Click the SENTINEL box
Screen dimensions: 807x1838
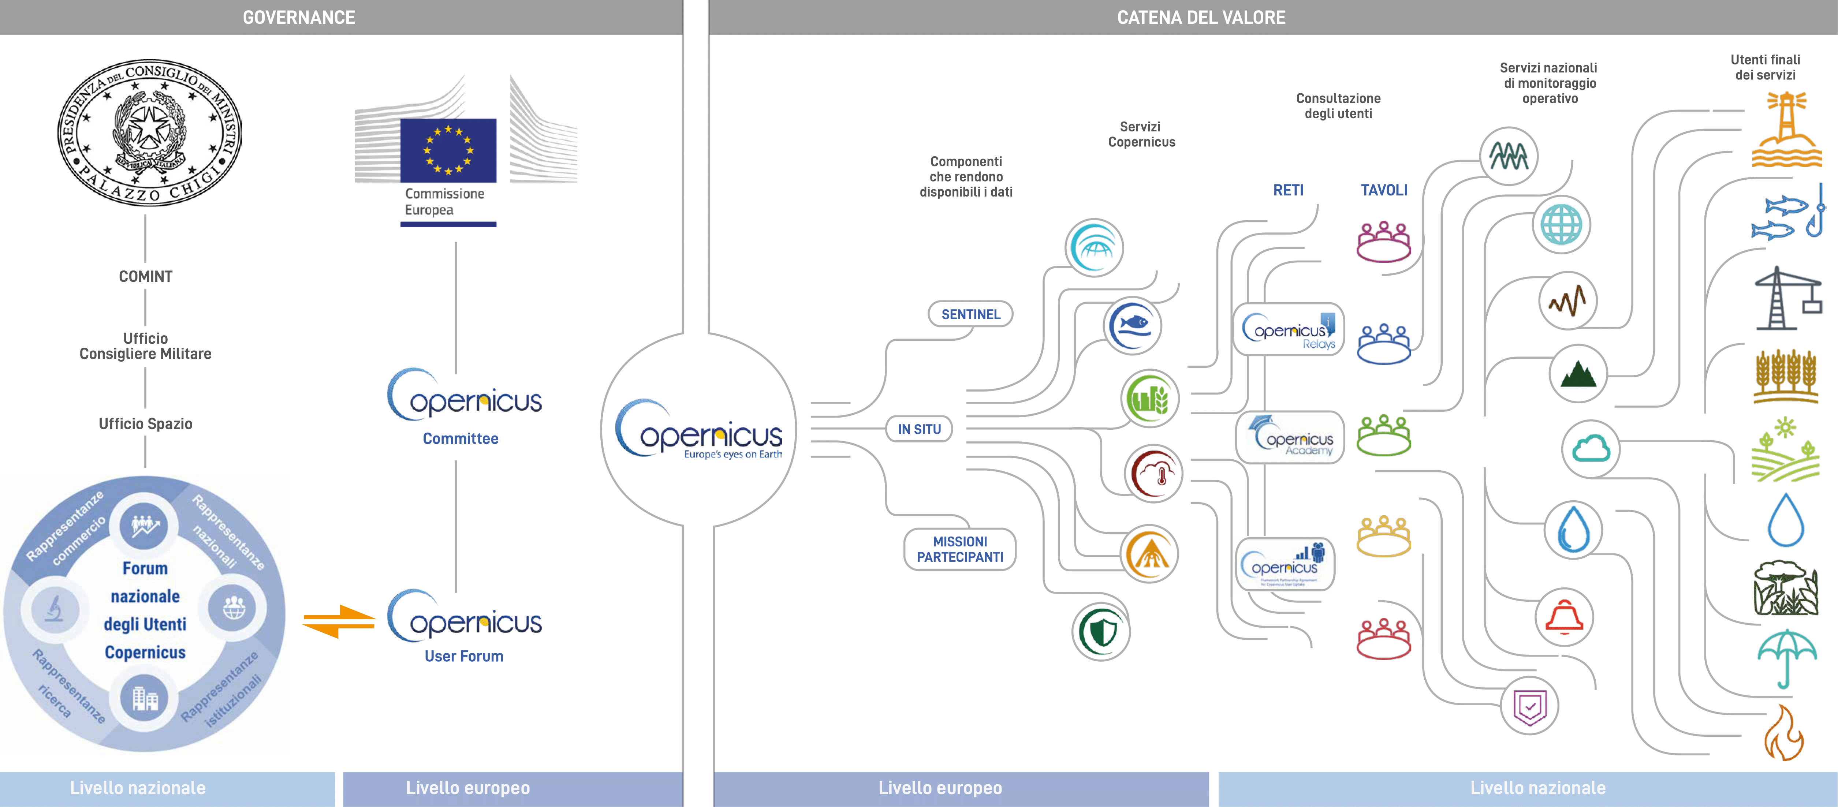pos(970,314)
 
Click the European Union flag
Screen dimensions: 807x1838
pos(448,150)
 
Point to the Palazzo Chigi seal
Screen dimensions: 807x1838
pos(149,133)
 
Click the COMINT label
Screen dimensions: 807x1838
pos(146,276)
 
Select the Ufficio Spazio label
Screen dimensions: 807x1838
pos(146,424)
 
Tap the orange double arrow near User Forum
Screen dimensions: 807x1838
pos(339,621)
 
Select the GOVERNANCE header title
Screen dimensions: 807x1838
pos(299,17)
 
